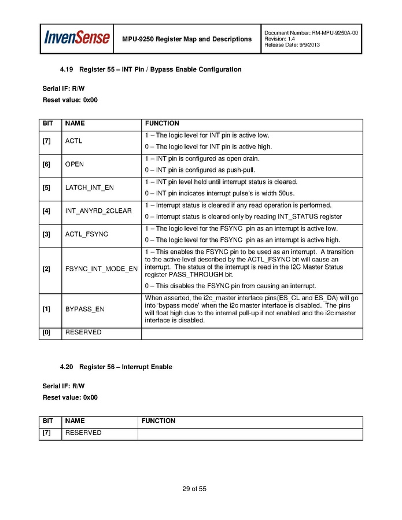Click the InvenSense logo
[x=77, y=38]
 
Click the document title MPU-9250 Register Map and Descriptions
[x=187, y=39]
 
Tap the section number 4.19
[x=67, y=69]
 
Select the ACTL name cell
[x=74, y=141]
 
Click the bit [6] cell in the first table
[x=46, y=164]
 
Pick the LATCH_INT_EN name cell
[x=90, y=187]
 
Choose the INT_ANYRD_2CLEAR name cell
[x=98, y=211]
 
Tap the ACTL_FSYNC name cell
[x=87, y=234]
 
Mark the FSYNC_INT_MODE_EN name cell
[x=101, y=269]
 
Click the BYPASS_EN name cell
[x=84, y=309]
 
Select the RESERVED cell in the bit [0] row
[x=83, y=333]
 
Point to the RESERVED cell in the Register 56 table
[x=83, y=433]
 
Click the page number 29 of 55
[x=194, y=489]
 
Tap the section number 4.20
[x=67, y=367]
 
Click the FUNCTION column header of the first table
[x=162, y=123]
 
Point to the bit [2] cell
[x=46, y=269]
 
